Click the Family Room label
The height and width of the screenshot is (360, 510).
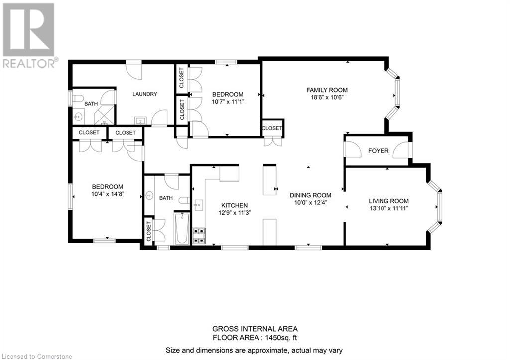point(327,90)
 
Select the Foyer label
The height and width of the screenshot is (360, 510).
point(379,151)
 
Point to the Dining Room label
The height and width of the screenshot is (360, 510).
point(311,195)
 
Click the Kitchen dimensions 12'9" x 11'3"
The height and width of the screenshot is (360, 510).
point(235,213)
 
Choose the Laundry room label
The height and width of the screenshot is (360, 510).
point(145,94)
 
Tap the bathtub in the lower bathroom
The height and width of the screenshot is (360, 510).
point(182,228)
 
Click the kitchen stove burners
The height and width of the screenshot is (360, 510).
point(199,236)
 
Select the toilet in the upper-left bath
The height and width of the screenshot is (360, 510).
point(78,98)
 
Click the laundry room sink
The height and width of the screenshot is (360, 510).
point(140,120)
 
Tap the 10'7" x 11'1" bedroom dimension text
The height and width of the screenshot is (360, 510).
point(228,102)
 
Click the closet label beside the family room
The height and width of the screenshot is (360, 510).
point(272,128)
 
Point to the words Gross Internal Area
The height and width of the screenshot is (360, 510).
point(255,329)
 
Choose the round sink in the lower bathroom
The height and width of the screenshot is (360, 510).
point(149,195)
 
